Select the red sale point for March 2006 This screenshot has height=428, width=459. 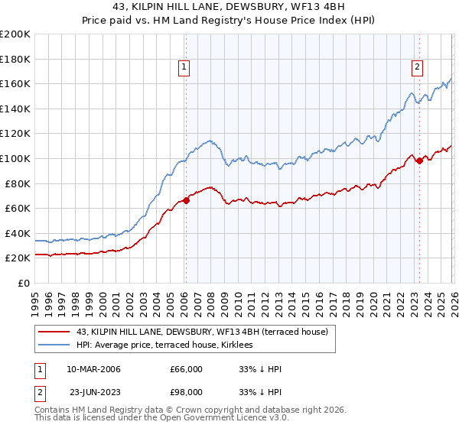point(186,201)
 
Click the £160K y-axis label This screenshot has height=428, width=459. point(15,83)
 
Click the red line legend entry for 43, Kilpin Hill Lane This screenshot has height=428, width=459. point(202,332)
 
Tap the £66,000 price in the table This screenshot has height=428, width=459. point(186,369)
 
